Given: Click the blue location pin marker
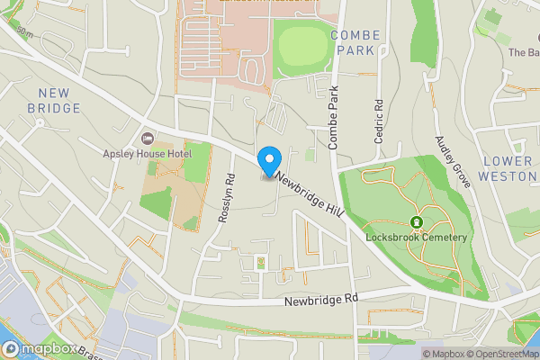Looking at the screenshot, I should tap(268, 161).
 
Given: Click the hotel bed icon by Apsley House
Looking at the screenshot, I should tap(148, 138).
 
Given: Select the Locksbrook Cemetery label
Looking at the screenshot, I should tap(417, 238).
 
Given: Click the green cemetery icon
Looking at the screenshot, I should tap(417, 222).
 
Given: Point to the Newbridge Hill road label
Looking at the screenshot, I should tap(310, 194).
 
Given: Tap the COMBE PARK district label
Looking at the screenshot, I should tap(355, 42).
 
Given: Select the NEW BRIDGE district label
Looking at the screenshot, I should tap(59, 100).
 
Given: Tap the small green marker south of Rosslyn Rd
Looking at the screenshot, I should tap(261, 263).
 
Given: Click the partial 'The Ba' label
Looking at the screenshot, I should tap(523, 52).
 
